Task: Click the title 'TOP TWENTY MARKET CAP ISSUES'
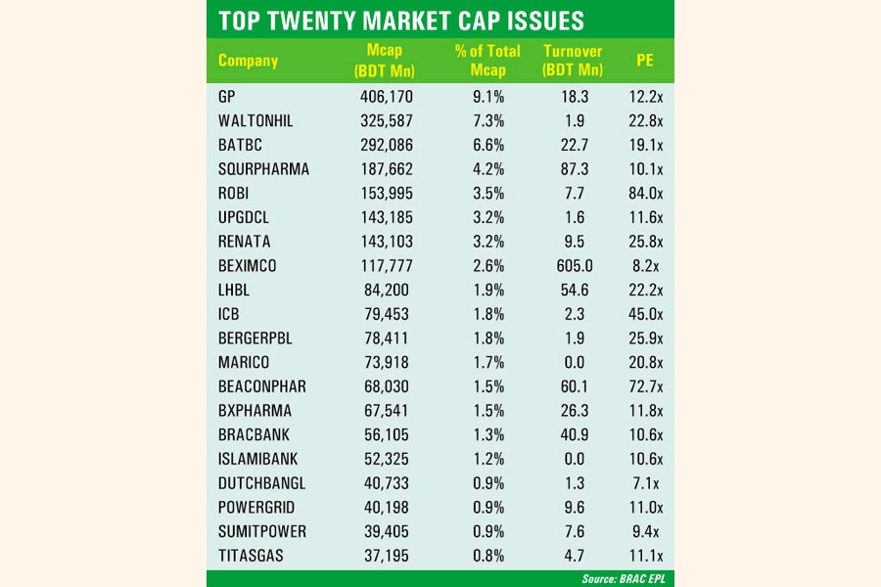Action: click(x=401, y=20)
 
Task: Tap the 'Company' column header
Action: click(x=248, y=61)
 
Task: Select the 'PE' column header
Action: click(x=644, y=61)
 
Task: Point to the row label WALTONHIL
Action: click(x=256, y=120)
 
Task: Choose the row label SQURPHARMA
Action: click(x=263, y=168)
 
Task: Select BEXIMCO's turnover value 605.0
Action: click(x=575, y=265)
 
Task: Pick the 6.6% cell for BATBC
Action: click(x=487, y=145)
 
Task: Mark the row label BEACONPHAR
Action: click(x=262, y=386)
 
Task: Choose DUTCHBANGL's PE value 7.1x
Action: click(x=646, y=483)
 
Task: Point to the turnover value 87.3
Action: click(x=575, y=168)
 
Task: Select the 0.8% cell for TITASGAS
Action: click(x=487, y=556)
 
